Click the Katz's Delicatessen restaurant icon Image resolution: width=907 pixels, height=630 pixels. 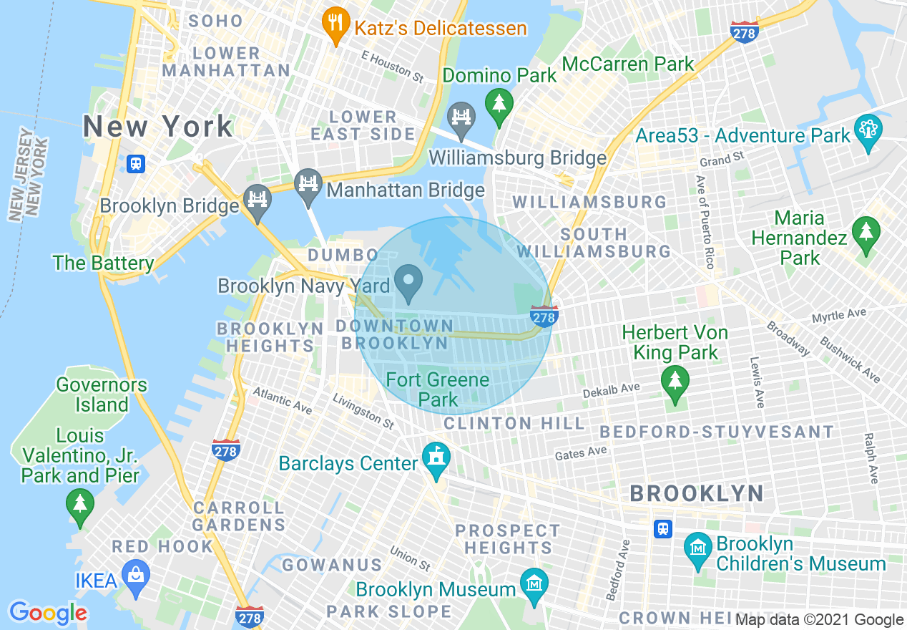(334, 24)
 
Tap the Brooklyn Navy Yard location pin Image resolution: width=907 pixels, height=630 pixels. (409, 282)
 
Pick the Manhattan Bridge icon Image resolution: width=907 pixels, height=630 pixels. (308, 185)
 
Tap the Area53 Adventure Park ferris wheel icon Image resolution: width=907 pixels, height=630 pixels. (868, 131)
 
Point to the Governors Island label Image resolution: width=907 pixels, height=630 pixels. (102, 394)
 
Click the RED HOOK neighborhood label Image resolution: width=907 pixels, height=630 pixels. (162, 546)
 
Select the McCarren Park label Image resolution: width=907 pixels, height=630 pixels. (627, 64)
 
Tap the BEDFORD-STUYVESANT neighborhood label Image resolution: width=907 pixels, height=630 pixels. (716, 432)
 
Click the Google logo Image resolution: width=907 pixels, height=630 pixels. (48, 613)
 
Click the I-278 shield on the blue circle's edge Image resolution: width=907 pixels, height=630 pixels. (544, 316)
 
